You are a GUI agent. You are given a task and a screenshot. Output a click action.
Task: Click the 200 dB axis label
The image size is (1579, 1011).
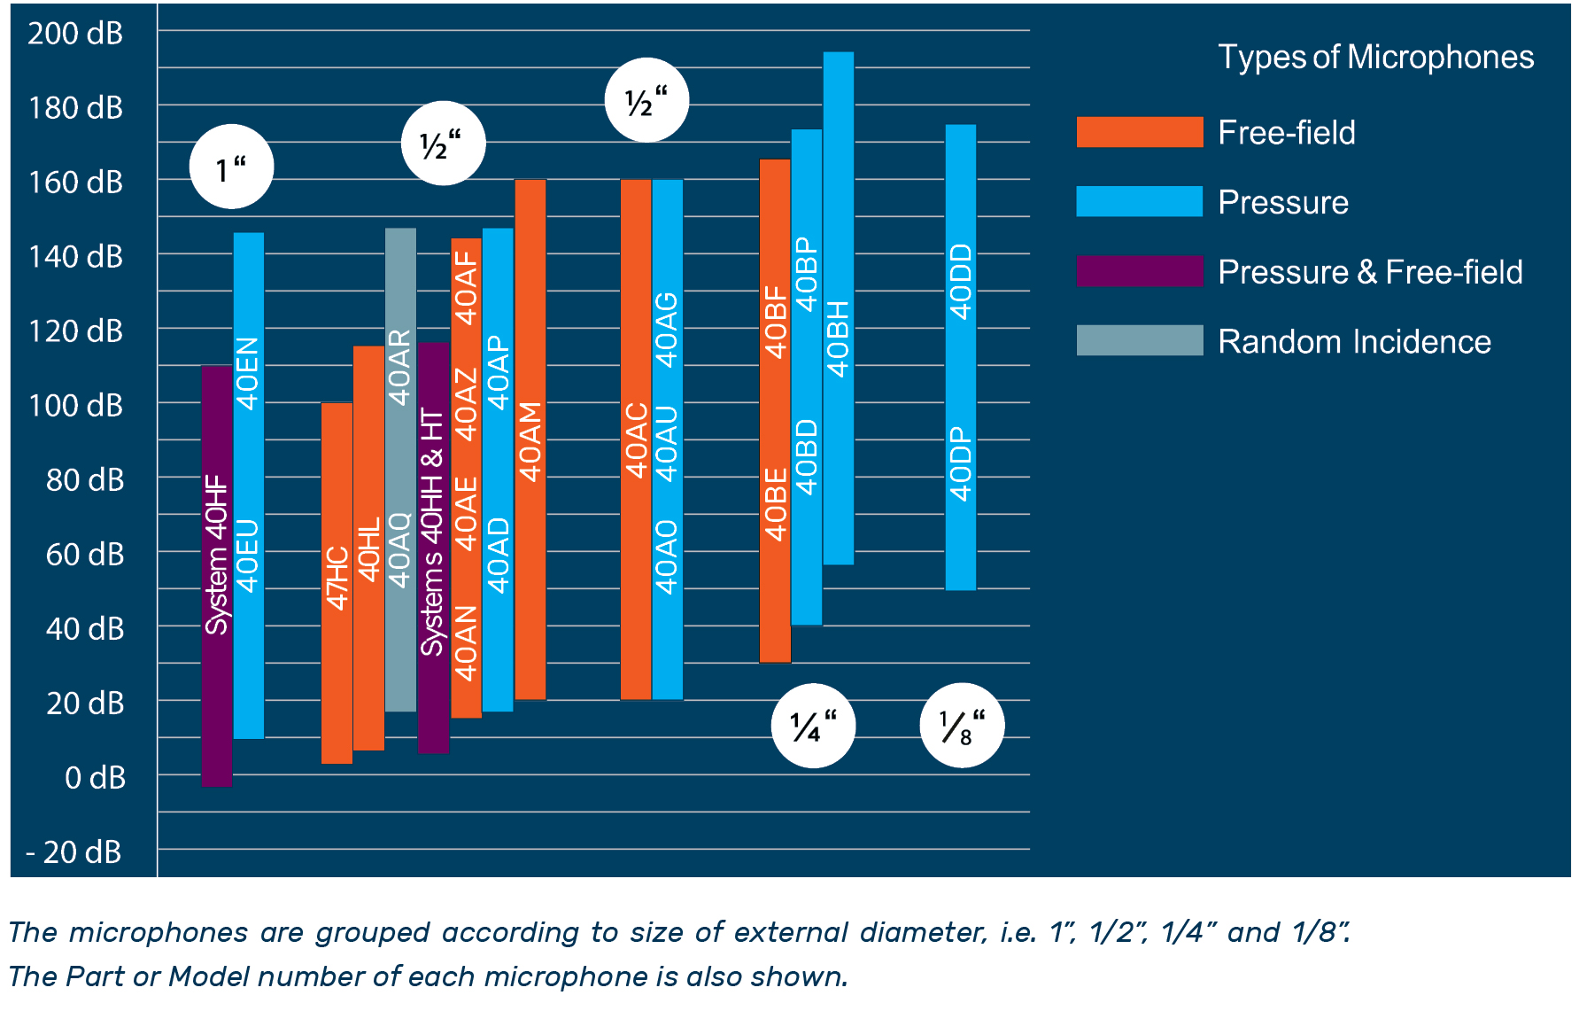pos(75,34)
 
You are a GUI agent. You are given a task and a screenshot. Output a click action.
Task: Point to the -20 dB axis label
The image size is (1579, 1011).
pos(74,852)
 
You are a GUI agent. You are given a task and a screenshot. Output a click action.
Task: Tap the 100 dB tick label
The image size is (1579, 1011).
pos(75,406)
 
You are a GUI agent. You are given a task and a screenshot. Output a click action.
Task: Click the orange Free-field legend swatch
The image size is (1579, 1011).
pos(1139,132)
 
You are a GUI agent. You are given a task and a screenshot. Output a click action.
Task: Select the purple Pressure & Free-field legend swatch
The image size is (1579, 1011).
pos(1139,271)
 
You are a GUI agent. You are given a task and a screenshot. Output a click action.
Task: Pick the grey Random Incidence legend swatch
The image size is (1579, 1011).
pos(1139,340)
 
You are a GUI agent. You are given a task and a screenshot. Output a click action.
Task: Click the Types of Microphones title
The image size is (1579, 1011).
pos(1375,58)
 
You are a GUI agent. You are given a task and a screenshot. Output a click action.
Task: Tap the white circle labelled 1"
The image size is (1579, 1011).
pos(231,167)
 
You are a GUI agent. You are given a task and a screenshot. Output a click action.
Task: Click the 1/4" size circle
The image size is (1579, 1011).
pos(813,726)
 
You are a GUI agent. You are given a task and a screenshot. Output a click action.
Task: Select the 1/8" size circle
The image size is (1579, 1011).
pos(962,726)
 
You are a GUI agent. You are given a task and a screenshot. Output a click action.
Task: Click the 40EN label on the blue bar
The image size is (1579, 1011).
pos(249,373)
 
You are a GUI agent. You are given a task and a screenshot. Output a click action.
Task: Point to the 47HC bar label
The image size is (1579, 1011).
pos(337,578)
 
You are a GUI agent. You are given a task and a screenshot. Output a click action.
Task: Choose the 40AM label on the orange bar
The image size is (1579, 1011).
pos(530,441)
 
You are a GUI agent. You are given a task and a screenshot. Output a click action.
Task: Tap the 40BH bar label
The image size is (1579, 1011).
pos(838,338)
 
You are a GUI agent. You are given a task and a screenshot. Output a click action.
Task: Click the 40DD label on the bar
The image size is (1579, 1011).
pos(961,281)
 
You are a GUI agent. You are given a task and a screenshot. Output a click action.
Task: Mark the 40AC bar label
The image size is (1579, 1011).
pos(636,440)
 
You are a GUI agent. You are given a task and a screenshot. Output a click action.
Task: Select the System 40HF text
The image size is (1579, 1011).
pos(217,555)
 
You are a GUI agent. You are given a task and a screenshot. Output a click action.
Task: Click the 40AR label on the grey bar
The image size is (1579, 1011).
pos(400,367)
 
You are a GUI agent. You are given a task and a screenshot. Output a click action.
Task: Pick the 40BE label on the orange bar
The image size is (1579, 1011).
pos(776,504)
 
